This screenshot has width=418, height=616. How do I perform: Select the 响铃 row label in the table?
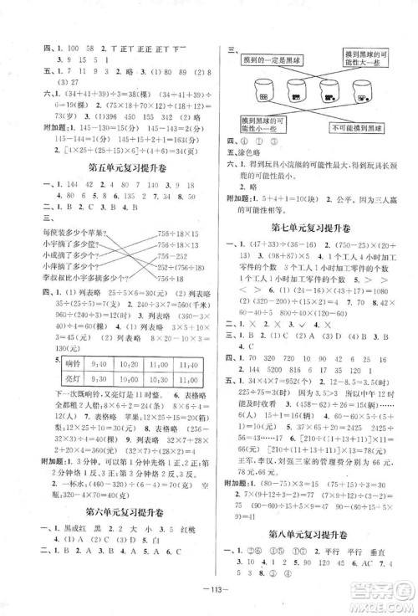click(60, 362)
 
